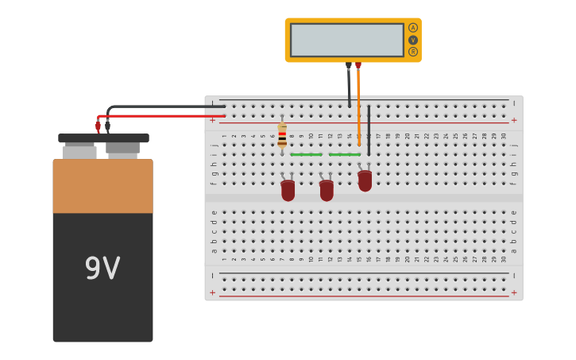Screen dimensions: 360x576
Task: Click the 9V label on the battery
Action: point(102,269)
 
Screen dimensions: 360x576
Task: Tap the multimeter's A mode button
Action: point(413,28)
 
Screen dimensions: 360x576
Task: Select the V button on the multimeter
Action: point(413,40)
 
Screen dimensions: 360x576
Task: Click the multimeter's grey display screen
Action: point(347,40)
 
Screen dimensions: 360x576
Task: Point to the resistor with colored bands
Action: point(282,135)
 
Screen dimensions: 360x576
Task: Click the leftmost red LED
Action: point(288,190)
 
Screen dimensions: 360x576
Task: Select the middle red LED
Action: point(327,190)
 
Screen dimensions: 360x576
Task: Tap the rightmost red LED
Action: point(365,180)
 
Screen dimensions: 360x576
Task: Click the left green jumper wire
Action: point(306,154)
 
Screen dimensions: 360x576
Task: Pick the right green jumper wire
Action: point(344,154)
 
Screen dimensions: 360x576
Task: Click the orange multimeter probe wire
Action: point(358,103)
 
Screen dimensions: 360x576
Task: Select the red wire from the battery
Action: point(159,116)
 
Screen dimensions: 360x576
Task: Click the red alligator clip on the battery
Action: point(98,126)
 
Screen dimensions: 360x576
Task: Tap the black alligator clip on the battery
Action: point(107,126)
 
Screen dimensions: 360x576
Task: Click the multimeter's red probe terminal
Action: point(358,66)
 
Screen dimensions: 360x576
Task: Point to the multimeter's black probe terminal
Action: point(348,66)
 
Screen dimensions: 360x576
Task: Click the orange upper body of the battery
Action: point(102,186)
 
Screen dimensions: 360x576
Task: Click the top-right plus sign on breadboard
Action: point(514,120)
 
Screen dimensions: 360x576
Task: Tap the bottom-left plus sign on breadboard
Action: point(212,292)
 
